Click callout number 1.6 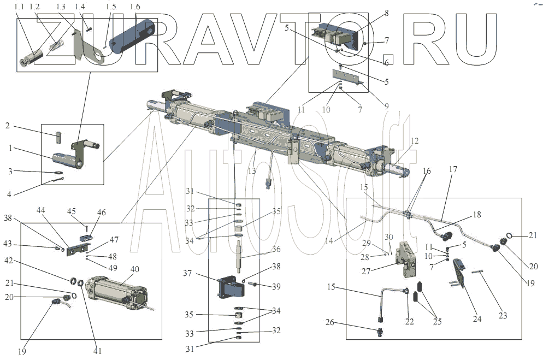point(135,7)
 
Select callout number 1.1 point(19,7)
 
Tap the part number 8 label point(386,13)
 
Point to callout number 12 point(415,141)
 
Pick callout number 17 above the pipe point(453,169)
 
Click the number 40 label point(134,269)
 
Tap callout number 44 point(42,210)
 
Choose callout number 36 point(276,249)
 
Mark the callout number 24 point(477,318)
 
